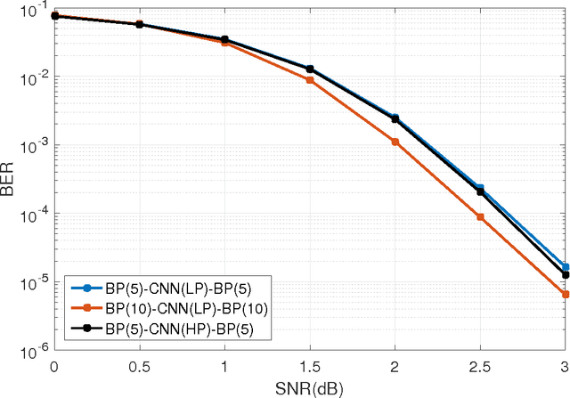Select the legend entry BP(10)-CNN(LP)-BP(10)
click(x=169, y=308)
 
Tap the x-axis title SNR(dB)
click(x=309, y=389)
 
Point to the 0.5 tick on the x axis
click(x=139, y=367)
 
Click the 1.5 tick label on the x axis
click(x=310, y=367)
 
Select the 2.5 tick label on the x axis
click(x=480, y=367)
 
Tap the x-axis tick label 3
click(x=565, y=367)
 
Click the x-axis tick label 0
click(x=54, y=367)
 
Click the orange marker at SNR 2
click(x=395, y=142)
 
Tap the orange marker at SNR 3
click(x=565, y=294)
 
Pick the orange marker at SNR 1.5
click(x=310, y=80)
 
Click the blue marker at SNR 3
click(x=565, y=266)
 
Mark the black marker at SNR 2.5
click(x=480, y=192)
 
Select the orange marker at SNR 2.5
click(x=480, y=216)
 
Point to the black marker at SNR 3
click(x=565, y=275)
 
